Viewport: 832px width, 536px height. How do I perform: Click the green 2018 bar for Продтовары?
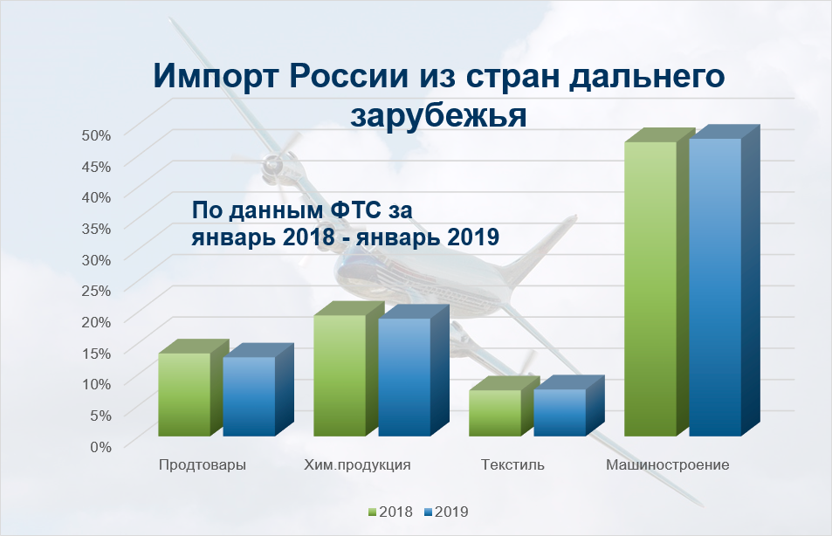tap(184, 395)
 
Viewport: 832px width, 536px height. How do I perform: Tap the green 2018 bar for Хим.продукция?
tap(340, 375)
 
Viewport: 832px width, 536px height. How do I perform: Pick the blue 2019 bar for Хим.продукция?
tap(404, 377)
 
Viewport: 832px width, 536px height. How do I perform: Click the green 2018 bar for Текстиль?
tap(495, 413)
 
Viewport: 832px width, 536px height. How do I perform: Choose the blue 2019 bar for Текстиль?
tap(560, 412)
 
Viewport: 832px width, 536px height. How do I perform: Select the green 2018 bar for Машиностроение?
tap(650, 288)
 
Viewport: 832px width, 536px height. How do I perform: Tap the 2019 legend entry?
tap(445, 512)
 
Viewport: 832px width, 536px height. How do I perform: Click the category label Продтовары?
tap(203, 464)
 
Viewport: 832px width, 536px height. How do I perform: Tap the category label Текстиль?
tap(512, 464)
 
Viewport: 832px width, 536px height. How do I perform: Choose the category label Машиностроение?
tap(667, 464)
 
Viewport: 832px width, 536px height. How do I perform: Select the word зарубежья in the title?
tap(438, 113)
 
